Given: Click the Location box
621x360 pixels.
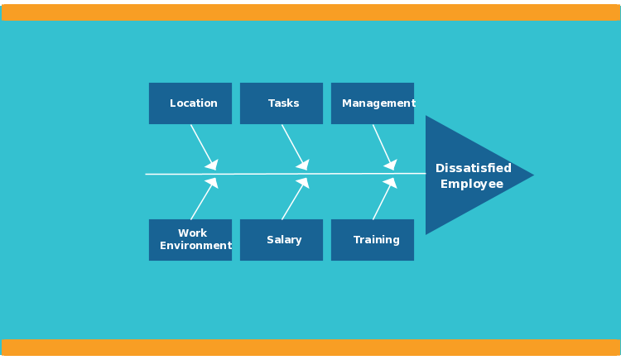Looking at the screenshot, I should pos(190,103).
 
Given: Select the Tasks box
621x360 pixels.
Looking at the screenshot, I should pos(282,103).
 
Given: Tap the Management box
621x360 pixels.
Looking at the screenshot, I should pos(373,103).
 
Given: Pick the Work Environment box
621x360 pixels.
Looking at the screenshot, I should pos(190,240).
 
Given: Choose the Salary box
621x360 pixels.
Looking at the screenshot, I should pos(282,240).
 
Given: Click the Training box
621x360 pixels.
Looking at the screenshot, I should pos(373,240).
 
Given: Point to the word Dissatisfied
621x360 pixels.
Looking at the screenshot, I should pos(474,168).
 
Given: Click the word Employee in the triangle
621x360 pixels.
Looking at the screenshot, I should pos(472,184).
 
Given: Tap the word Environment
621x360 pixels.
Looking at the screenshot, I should pos(195,246).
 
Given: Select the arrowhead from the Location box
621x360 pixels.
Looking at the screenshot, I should pos(212,165).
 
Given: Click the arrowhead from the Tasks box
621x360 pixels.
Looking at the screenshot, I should pos(303,165).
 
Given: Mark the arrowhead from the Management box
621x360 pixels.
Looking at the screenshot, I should pos(391,165).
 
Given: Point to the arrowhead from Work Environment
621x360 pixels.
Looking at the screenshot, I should pos(212,183).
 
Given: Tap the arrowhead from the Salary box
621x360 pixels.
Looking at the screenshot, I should pos(303,183).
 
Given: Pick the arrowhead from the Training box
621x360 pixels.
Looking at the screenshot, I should pos(391,183).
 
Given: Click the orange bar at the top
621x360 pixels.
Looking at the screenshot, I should pos(310,12).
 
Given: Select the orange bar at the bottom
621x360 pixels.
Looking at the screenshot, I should pos(310,347).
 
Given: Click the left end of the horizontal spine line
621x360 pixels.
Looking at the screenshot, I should pos(147,174).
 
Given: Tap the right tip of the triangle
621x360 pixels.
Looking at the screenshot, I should pos(532,175).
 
